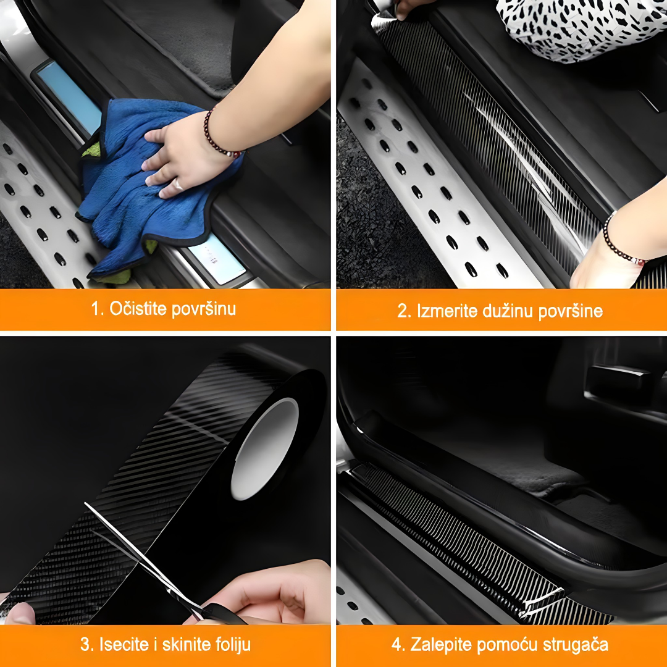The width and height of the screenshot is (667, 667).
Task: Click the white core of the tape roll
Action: (264, 449)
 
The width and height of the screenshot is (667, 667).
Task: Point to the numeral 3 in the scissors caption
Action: (85, 645)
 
